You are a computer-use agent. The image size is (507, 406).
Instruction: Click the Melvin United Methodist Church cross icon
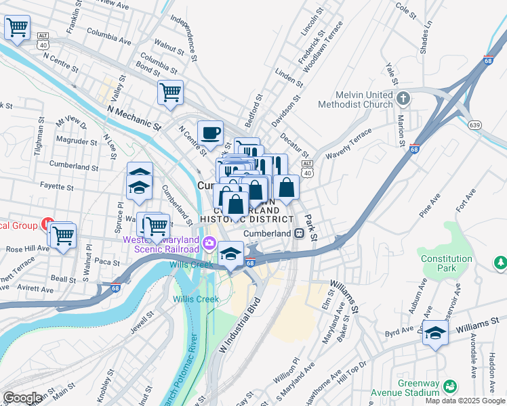(x=404, y=97)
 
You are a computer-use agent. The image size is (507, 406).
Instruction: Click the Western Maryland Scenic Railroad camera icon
(x=210, y=243)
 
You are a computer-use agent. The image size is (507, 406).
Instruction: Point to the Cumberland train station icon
(x=299, y=233)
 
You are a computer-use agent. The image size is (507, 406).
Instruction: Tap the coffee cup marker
(x=210, y=132)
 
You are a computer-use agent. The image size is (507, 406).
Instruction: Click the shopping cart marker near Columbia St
(x=170, y=92)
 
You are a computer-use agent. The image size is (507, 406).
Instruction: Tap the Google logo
(x=22, y=397)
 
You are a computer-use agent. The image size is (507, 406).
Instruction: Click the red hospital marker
(x=48, y=223)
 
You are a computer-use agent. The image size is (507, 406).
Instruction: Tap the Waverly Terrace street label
(x=349, y=144)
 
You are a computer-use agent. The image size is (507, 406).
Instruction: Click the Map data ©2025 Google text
(x=464, y=401)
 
